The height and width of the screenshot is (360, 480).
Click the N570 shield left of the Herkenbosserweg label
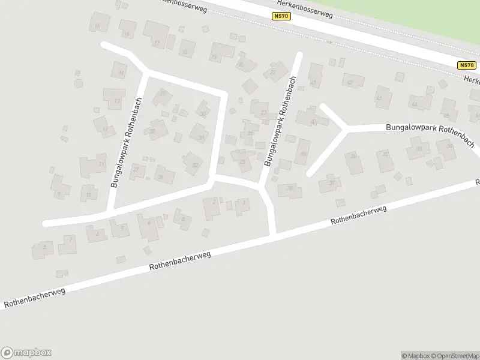click(281, 16)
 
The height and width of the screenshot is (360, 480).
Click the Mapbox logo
click(26, 352)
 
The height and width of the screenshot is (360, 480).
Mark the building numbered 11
click(94, 164)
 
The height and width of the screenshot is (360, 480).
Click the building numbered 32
click(193, 163)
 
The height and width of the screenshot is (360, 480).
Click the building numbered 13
click(114, 98)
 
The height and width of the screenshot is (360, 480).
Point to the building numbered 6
click(148, 226)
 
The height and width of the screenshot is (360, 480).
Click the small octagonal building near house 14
click(78, 83)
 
